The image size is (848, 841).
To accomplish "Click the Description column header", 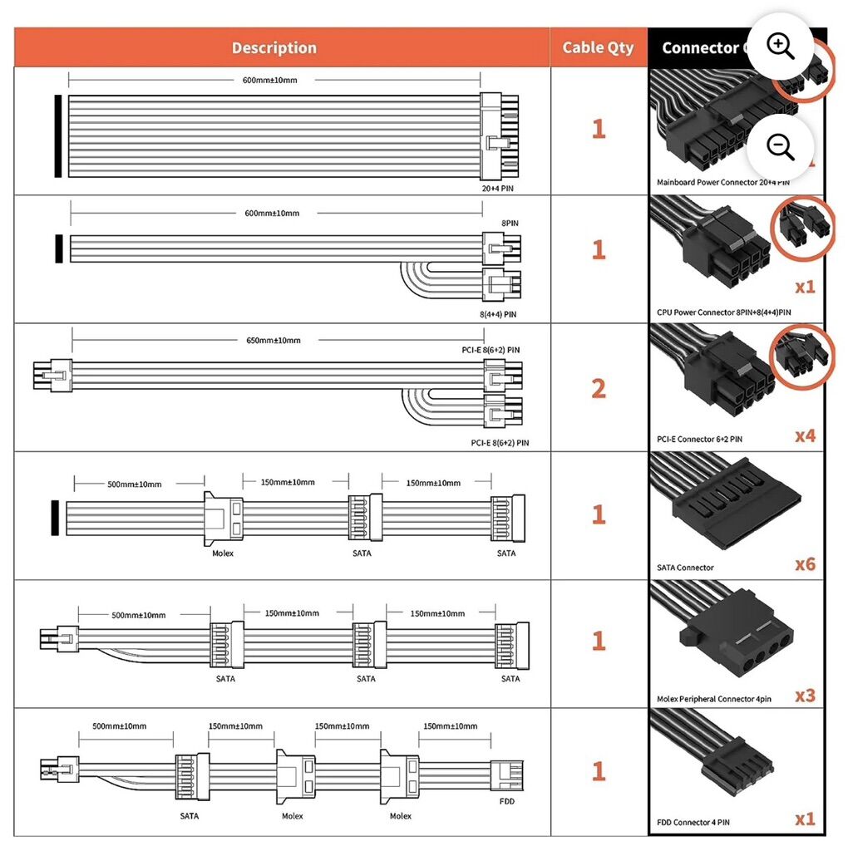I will coord(274,47).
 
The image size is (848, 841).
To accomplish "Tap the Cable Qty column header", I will coord(598,47).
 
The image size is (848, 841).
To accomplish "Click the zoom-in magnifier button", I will coord(780,47).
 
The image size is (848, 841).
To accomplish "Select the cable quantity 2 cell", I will coord(598,388).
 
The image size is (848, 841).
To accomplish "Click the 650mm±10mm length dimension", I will coord(274,340).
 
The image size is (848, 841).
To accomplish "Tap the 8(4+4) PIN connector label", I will coord(499,314).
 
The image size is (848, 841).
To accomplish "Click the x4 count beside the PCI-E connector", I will coord(804,435).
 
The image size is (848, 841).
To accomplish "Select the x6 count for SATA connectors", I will coord(804,564).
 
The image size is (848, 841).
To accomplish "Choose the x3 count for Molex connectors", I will coord(804,695).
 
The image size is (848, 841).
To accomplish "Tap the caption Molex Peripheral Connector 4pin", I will coord(713,699).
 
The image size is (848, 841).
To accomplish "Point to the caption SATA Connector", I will coord(685,568).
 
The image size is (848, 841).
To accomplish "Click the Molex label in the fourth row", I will coord(223,553).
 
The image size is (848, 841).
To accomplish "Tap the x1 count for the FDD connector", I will coord(804,819).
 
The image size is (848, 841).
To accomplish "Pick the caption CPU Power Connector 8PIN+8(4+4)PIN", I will coord(723,312).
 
